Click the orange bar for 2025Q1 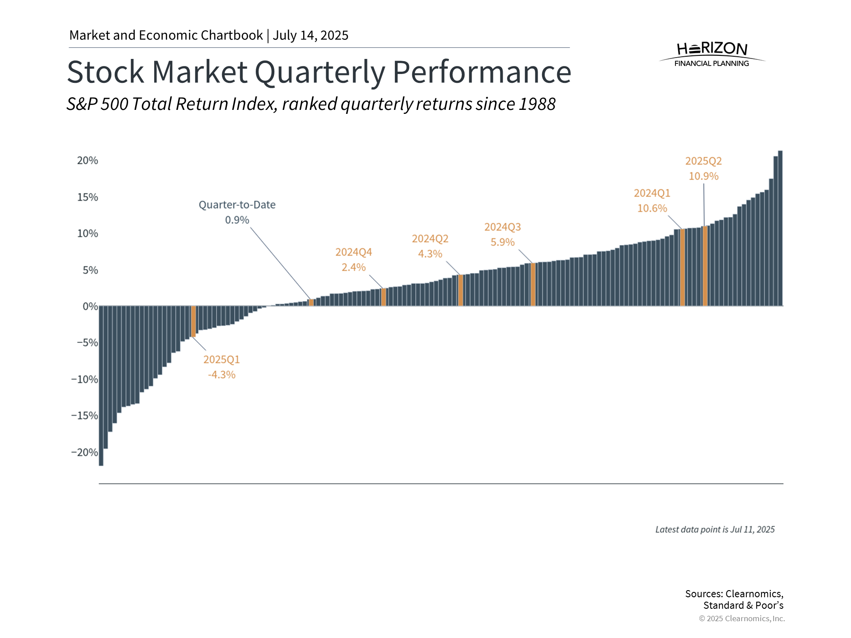tap(193, 321)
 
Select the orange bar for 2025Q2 tap(705, 266)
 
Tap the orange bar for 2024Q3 tap(533, 284)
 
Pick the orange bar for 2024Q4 tap(383, 297)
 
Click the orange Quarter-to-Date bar tap(311, 303)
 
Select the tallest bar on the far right tap(780, 228)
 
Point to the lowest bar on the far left tap(101, 385)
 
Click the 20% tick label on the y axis tap(87, 160)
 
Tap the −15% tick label tap(85, 416)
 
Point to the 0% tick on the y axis tap(90, 306)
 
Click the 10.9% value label tap(703, 176)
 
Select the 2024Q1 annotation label tap(652, 193)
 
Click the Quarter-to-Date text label tap(237, 205)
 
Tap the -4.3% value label tap(222, 375)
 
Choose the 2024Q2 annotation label tap(430, 239)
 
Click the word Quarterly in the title tap(320, 72)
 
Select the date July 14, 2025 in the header tap(310, 35)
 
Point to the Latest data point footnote tap(714, 529)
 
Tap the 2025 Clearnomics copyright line tap(742, 619)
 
